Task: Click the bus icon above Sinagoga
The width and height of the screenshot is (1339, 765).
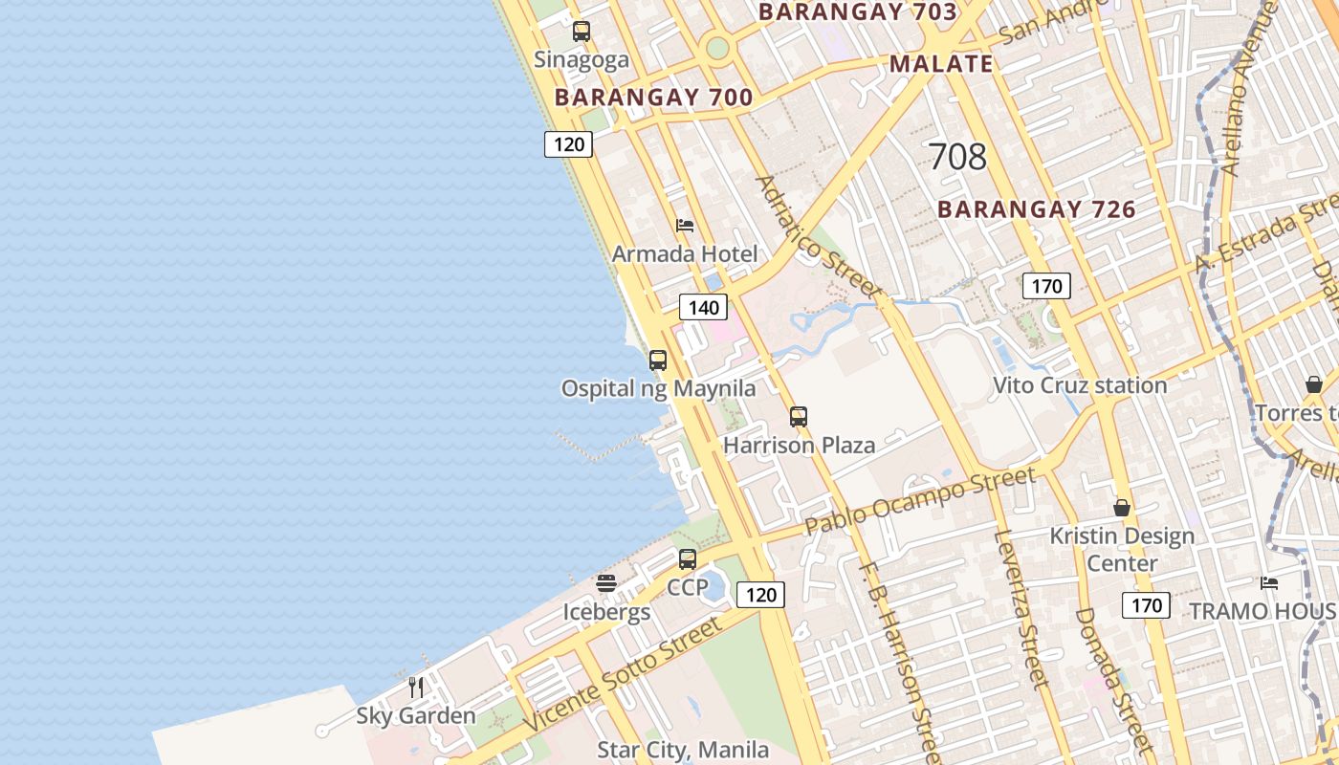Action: click(581, 32)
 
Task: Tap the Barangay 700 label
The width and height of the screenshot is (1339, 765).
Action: click(653, 98)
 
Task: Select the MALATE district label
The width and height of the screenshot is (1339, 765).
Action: click(941, 64)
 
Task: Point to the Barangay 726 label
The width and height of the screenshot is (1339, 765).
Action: click(1036, 209)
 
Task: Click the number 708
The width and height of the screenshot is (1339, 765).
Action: click(957, 157)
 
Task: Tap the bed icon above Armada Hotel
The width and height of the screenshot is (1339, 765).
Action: click(685, 226)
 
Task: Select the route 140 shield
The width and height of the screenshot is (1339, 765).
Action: click(703, 308)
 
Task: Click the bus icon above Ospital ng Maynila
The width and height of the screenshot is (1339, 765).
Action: click(658, 361)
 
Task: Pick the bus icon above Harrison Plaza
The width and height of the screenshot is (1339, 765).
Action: click(799, 417)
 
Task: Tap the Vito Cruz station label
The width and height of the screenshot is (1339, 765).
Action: click(1080, 385)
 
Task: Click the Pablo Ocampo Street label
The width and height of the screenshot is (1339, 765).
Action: click(919, 500)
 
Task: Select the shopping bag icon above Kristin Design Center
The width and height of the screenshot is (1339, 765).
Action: click(1122, 508)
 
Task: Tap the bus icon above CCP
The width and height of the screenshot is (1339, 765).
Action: click(688, 559)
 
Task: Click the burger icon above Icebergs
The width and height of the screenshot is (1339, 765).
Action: click(606, 582)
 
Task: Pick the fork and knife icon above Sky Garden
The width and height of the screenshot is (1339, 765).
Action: click(416, 687)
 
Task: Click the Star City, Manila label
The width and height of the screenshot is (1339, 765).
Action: click(683, 749)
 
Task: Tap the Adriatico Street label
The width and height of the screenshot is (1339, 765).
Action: click(815, 234)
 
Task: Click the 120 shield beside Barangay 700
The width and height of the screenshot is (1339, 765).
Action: click(569, 144)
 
